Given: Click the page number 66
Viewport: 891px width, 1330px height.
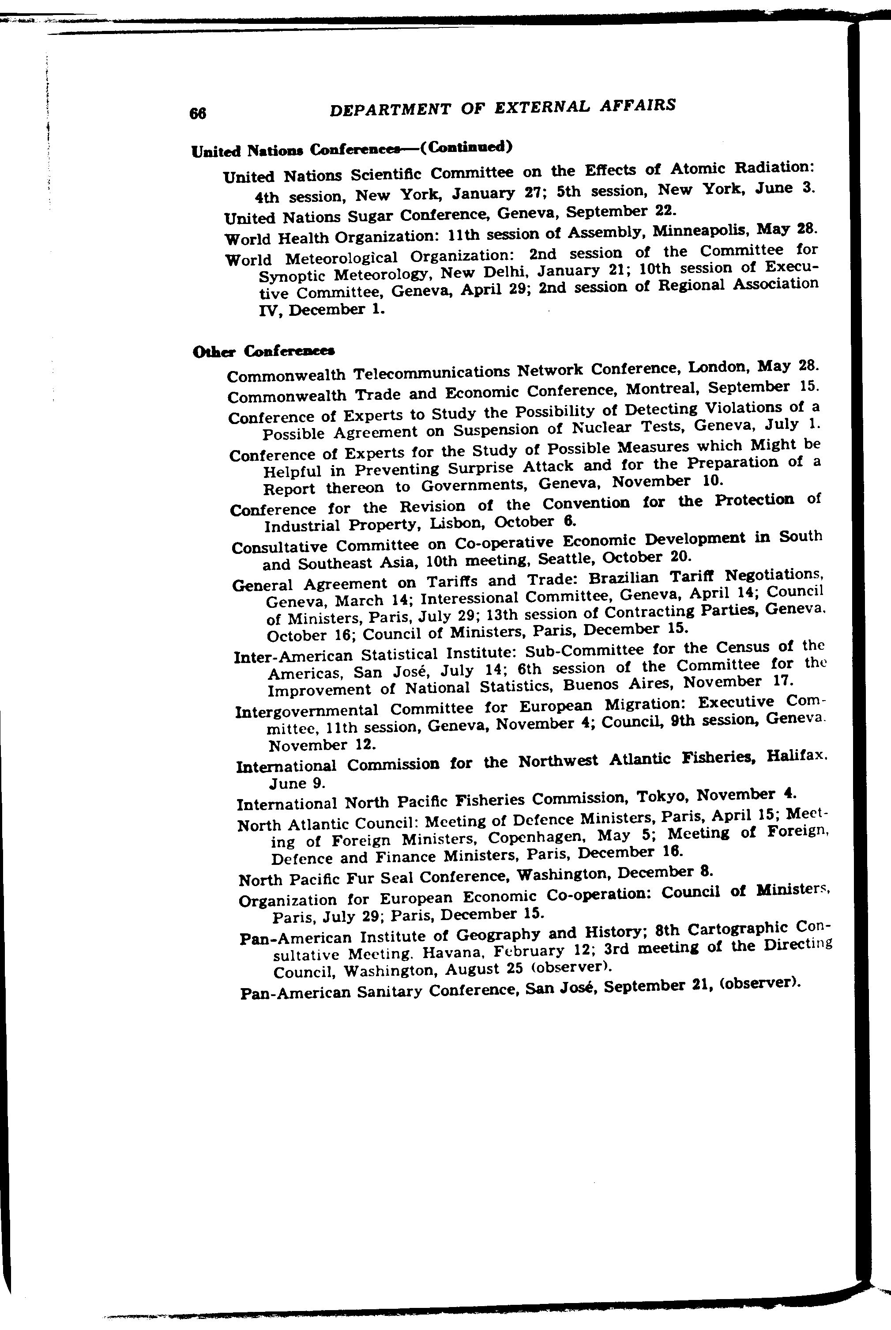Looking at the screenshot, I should [x=198, y=113].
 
